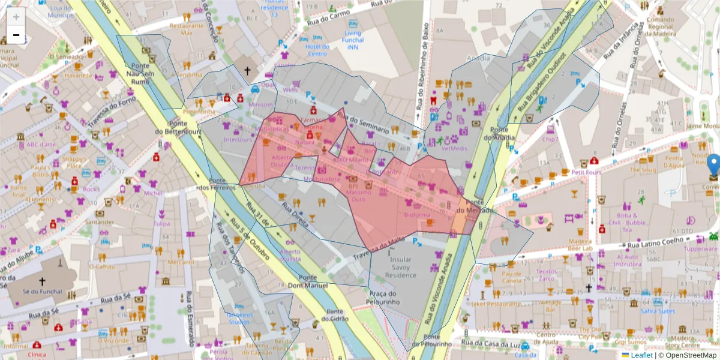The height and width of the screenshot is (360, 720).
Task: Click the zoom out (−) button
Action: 16,36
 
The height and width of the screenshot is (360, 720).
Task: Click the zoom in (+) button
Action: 16,17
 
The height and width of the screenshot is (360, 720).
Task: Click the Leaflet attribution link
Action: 642,355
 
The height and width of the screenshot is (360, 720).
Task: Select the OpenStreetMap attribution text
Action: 688,355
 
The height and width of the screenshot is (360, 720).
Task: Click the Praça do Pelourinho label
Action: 385,298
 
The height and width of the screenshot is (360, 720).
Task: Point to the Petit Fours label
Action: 586,172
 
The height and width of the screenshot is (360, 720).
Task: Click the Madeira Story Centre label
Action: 682,341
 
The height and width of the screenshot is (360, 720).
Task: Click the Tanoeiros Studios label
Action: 239,318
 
